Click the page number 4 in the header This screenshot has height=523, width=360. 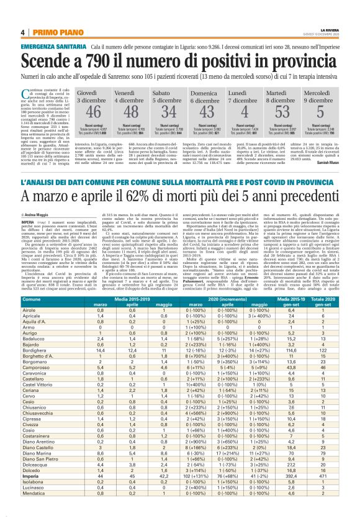pos(22,33)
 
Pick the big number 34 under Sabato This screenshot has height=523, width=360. pos(168,111)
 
